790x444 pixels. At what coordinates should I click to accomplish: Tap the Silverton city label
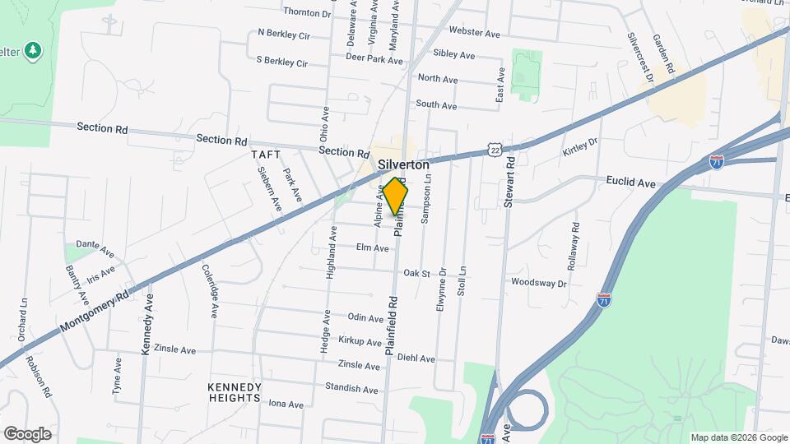click(x=404, y=164)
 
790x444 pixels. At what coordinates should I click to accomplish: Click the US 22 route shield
click(x=494, y=150)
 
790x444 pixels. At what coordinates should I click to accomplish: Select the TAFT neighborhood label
click(x=266, y=155)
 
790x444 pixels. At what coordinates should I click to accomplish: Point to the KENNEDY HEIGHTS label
click(x=235, y=392)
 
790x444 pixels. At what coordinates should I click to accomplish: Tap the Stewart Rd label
click(x=510, y=182)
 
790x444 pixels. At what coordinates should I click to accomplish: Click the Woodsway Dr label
click(x=539, y=283)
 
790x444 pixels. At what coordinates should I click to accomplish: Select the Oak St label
click(x=416, y=274)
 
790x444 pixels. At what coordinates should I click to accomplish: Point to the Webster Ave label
click(x=475, y=33)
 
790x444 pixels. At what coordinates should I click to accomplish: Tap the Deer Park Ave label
click(x=374, y=59)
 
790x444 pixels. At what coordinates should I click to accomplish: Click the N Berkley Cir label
click(x=283, y=35)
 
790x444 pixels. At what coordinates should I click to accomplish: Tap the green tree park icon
click(x=32, y=51)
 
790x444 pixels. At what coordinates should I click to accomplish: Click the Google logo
click(x=27, y=434)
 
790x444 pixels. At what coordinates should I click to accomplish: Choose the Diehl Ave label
click(x=416, y=358)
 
